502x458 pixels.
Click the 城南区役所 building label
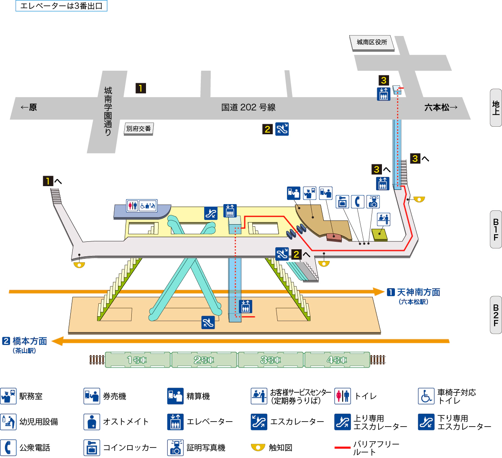pos(371,42)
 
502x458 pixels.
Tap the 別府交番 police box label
pos(138,129)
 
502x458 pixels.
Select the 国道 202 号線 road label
pos(248,107)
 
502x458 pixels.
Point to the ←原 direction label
pos(29,107)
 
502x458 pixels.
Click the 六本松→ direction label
pos(441,107)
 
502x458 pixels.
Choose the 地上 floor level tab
pos(496,107)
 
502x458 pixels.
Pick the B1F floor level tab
pos(496,230)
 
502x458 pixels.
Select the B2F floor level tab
pos(496,315)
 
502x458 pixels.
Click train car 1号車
pos(137,360)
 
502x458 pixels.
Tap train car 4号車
pos(337,360)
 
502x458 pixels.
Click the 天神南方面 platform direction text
pos(418,292)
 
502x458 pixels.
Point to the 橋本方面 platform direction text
pos(30,341)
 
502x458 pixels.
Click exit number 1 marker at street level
pos(141,88)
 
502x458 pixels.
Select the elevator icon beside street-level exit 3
pos(384,94)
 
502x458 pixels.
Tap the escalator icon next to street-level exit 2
pos(282,129)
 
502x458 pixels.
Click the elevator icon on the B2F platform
pos(246,307)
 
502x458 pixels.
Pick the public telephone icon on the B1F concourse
pos(357,202)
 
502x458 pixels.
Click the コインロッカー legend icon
pos(92,448)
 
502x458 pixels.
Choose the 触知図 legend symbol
pos(258,448)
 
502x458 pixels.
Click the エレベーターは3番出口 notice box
pos(61,6)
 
